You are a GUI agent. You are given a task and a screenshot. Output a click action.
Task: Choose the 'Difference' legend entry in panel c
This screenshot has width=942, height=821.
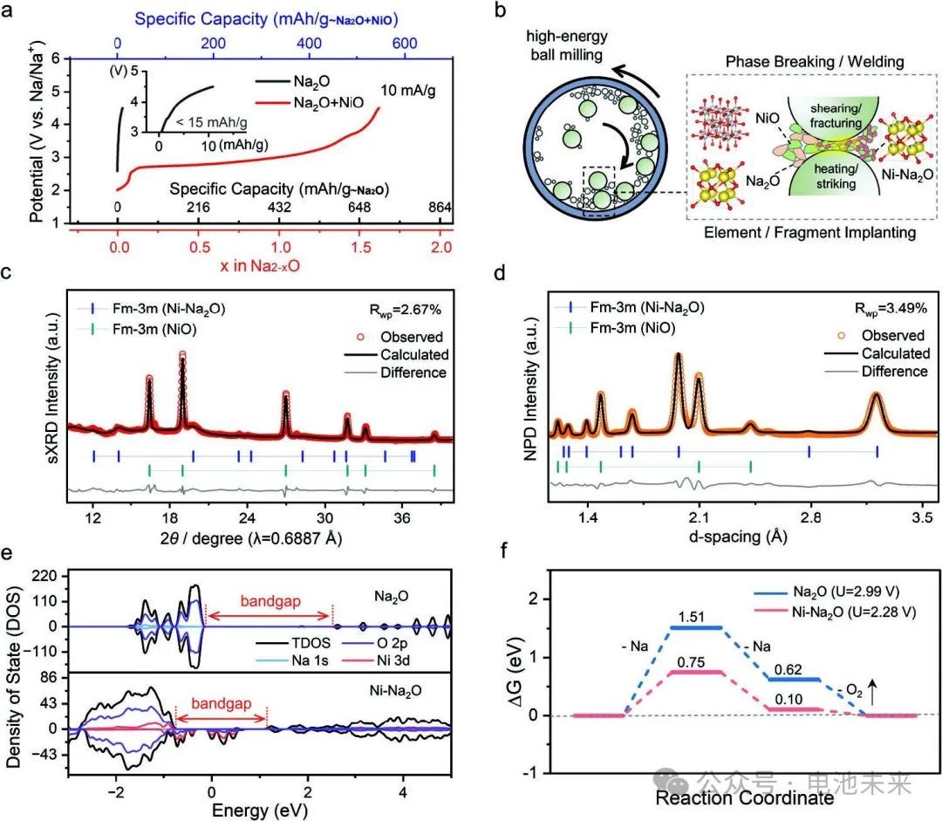pyautogui.click(x=413, y=373)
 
